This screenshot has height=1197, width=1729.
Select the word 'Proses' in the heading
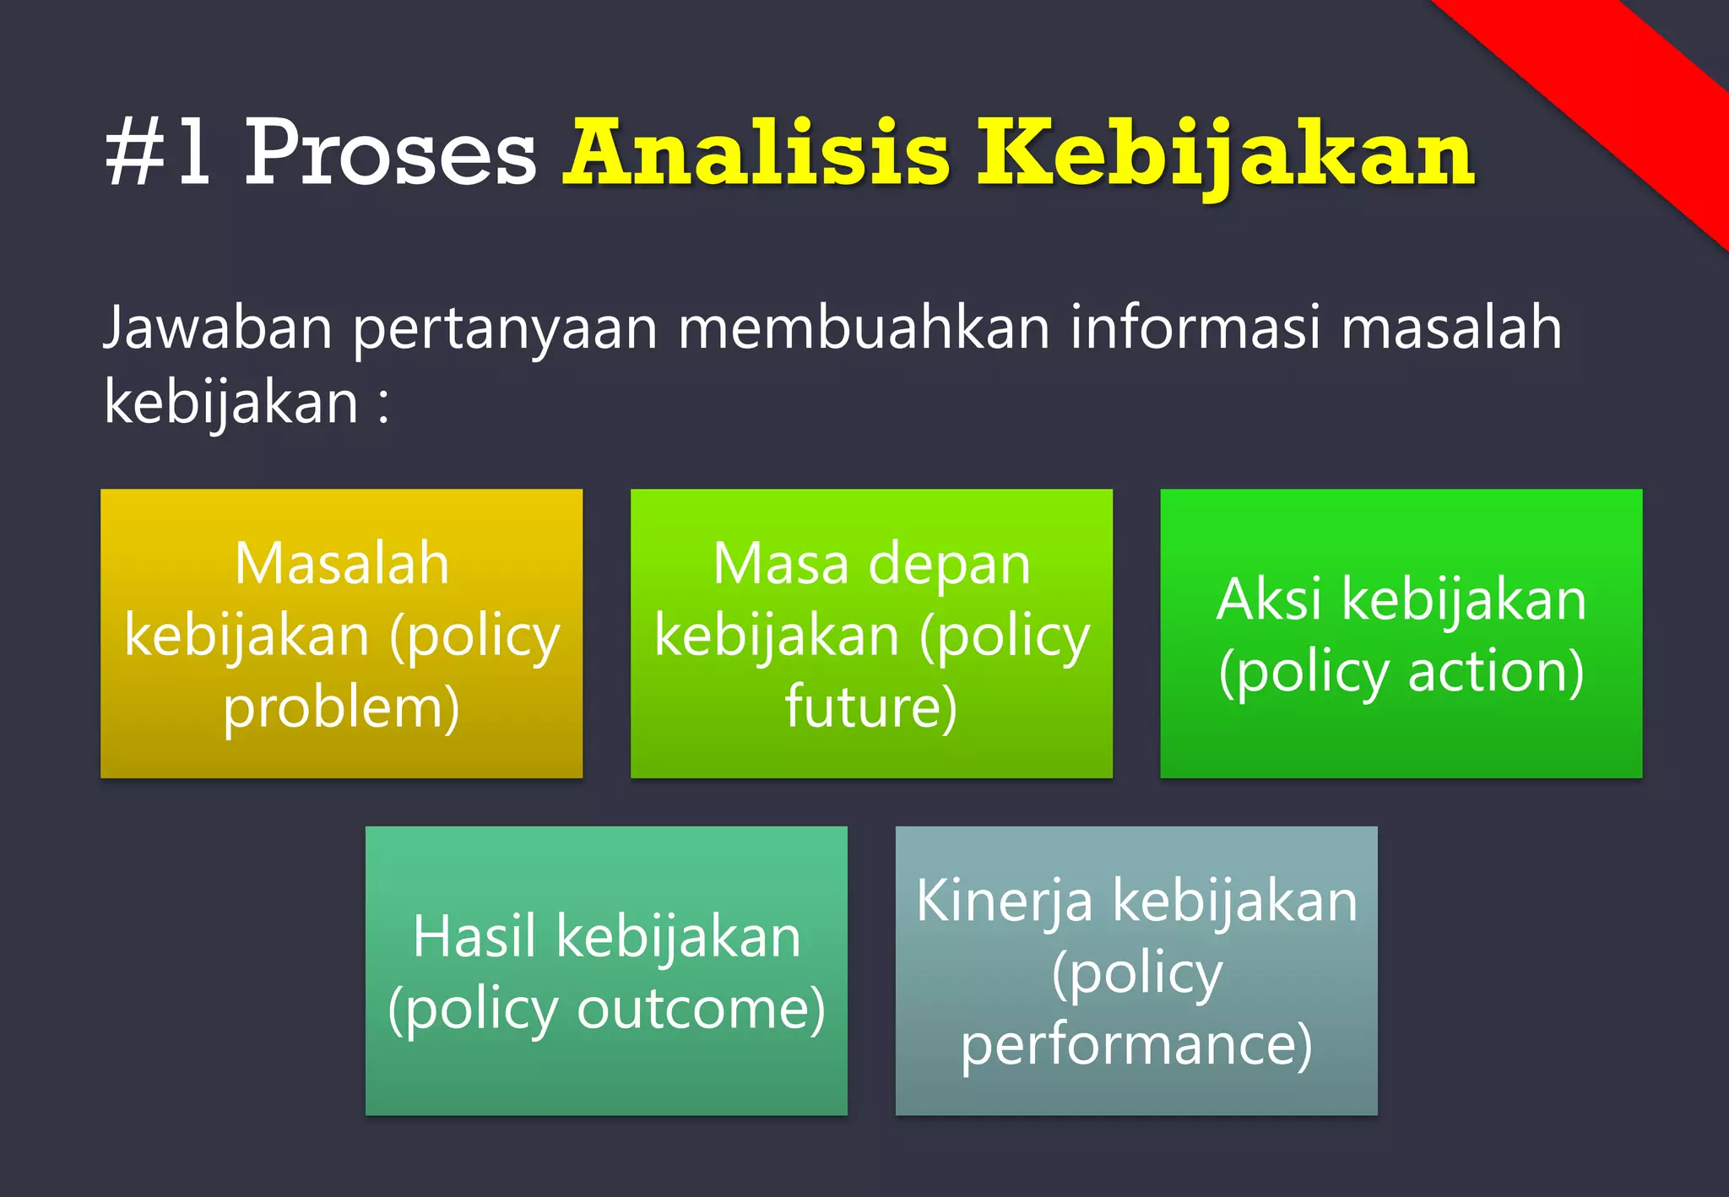pyautogui.click(x=390, y=154)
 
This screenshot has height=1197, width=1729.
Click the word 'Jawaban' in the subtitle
pyautogui.click(x=218, y=329)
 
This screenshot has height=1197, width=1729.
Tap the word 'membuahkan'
pyautogui.click(x=864, y=328)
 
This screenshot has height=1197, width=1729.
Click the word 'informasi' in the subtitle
pyautogui.click(x=1195, y=328)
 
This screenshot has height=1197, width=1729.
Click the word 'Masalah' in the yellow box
pyautogui.click(x=342, y=564)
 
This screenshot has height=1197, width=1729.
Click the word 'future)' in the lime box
pyautogui.click(x=871, y=707)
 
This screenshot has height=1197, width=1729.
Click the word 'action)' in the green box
pyautogui.click(x=1496, y=673)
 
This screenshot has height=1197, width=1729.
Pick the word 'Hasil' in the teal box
pyautogui.click(x=474, y=937)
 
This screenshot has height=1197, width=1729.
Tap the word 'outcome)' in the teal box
pyautogui.click(x=701, y=1010)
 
